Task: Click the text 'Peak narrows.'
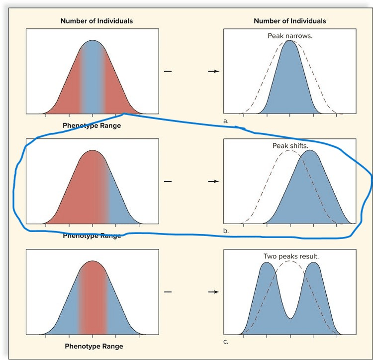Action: click(290, 36)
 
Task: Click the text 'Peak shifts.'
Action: click(290, 146)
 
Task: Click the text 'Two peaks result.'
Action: click(291, 256)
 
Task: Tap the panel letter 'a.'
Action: click(226, 121)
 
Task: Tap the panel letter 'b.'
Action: click(226, 232)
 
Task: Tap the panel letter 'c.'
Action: click(226, 342)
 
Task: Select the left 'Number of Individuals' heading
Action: click(96, 21)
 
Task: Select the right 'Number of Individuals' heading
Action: click(290, 21)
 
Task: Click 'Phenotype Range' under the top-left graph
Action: click(92, 125)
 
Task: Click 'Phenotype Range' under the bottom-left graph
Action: click(94, 346)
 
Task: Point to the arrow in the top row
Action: click(213, 72)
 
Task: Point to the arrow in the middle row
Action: click(213, 182)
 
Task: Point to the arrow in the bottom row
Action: click(213, 292)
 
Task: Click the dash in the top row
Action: click(168, 72)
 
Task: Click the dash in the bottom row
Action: click(168, 292)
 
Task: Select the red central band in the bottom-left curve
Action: click(93, 299)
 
